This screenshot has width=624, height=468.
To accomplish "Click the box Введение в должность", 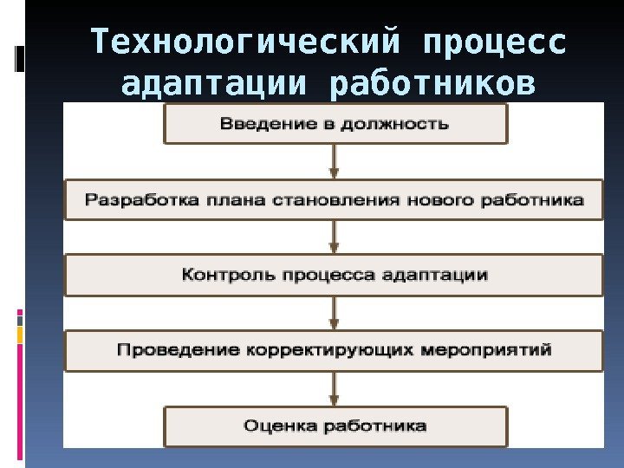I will pos(335,123).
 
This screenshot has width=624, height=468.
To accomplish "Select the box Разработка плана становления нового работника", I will pos(335,200).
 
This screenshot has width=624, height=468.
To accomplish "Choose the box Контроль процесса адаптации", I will pos(335,275).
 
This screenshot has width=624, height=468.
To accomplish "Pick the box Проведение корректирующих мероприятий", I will pos(335,350).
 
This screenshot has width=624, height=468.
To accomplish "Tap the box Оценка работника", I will pos(335,426).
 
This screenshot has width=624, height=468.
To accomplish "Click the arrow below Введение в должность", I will pos(335,161).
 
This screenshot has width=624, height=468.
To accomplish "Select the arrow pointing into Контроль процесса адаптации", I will pos(335,237).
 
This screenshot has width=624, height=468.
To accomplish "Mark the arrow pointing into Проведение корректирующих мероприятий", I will pos(335,312).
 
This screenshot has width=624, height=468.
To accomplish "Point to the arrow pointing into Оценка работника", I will pos(335,388).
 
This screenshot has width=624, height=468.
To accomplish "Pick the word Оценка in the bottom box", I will pos(273,426).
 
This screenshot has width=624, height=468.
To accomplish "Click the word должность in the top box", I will pos(404,123).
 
